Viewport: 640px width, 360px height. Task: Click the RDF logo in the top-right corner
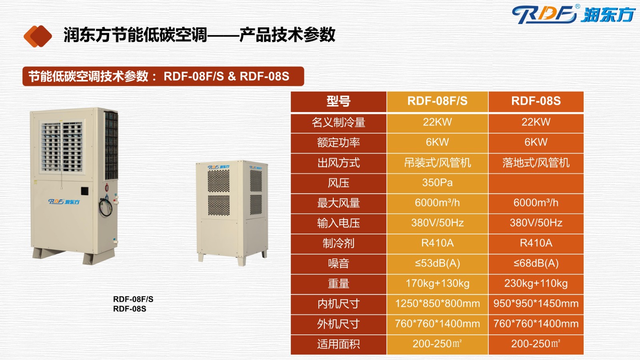pos(573,14)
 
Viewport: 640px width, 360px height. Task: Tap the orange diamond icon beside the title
pos(38,36)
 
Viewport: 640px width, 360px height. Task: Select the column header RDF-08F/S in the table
pos(437,101)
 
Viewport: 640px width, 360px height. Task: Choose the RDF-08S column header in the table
pos(536,101)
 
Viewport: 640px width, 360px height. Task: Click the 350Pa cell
pos(437,182)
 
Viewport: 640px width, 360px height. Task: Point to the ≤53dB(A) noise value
pos(437,263)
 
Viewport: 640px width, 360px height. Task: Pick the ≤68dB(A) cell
pos(536,263)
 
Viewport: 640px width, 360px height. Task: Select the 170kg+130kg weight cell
pos(437,284)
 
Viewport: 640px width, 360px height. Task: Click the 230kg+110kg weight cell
pos(536,284)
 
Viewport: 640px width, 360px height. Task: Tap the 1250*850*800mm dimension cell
pos(437,304)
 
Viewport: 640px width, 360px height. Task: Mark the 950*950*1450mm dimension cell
pos(536,304)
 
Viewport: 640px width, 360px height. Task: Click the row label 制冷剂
pos(338,243)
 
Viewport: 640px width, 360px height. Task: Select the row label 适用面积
pos(338,344)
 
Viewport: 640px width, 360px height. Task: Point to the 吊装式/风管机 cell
pos(437,162)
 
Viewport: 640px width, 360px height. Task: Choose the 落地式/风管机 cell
pos(536,162)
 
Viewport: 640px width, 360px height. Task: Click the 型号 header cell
pos(338,101)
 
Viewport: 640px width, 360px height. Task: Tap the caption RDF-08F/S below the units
pos(133,299)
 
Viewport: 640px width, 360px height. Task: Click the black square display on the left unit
pos(84,191)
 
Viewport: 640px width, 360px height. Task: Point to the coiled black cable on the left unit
pos(106,207)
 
